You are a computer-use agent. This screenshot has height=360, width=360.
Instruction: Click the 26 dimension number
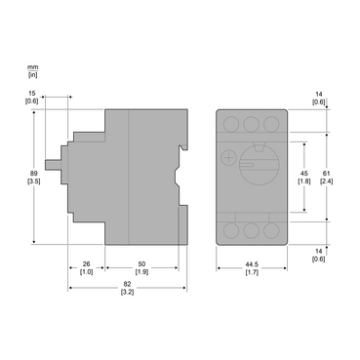tap(86, 263)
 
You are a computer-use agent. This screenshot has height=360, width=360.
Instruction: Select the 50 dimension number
tap(142, 263)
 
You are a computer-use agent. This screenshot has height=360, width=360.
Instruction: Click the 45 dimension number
tap(302, 172)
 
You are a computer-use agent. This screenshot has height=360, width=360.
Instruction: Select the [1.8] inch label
tap(302, 181)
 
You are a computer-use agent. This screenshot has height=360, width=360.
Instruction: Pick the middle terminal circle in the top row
tap(250, 124)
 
